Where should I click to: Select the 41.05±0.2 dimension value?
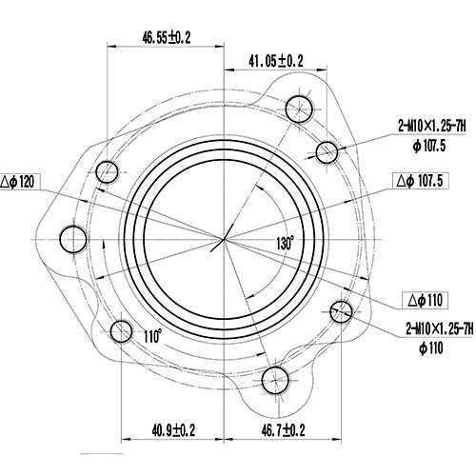276,61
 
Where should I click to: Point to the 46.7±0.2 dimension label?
282,431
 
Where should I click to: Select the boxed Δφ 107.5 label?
427,180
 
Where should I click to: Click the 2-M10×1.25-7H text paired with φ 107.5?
434,124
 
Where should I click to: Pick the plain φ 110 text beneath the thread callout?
430,348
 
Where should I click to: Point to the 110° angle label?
153,336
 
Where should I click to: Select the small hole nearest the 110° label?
121,331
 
